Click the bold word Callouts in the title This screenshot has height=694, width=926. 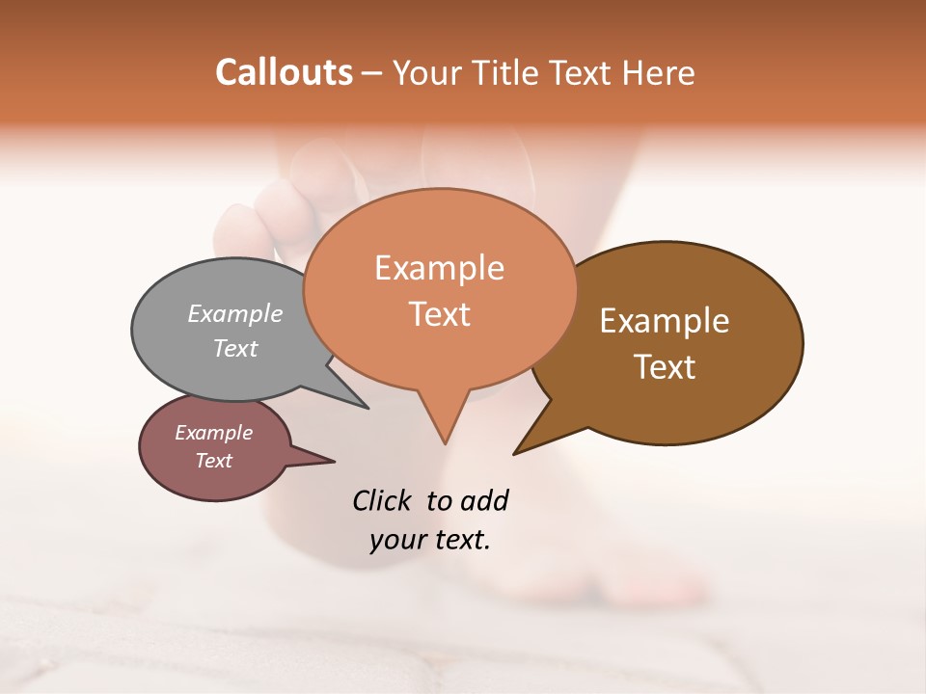tap(284, 72)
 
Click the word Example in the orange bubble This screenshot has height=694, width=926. tap(439, 268)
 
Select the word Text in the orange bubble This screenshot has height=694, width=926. tap(439, 314)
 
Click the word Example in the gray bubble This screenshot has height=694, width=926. tap(234, 314)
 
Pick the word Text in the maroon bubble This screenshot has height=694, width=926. tap(213, 461)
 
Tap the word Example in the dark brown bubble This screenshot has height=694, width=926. tap(665, 321)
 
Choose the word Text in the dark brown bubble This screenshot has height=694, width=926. tap(665, 367)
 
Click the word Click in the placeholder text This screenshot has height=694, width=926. tap(384, 500)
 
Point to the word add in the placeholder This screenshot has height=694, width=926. tap(483, 500)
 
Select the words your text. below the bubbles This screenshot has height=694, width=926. tap(430, 541)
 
